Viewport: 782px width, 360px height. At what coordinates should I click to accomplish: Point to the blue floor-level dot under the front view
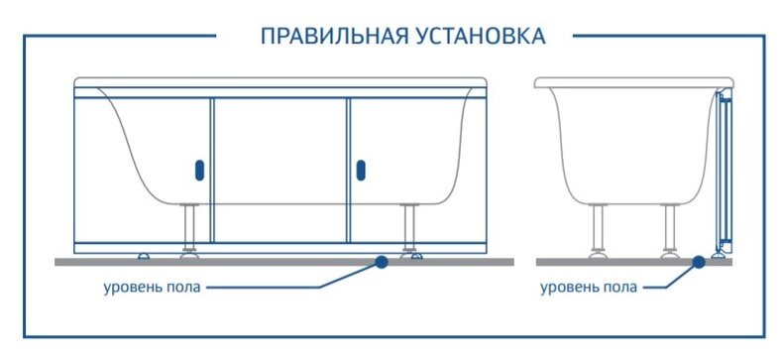[381, 262]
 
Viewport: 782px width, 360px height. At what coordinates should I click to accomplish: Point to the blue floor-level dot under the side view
[699, 262]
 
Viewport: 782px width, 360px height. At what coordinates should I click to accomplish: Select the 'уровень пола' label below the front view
[152, 289]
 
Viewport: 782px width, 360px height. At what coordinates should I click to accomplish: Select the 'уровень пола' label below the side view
[588, 289]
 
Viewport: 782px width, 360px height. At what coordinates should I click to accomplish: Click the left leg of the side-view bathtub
[598, 230]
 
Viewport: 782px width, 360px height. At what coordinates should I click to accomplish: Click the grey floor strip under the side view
[614, 263]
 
